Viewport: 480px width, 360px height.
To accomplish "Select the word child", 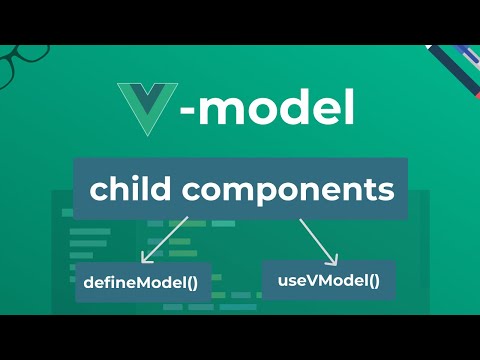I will (x=125, y=188).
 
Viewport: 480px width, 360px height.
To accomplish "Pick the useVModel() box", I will (x=328, y=280).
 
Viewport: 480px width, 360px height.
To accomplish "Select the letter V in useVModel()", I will (x=304, y=280).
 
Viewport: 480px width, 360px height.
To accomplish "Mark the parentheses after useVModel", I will (x=374, y=280).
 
